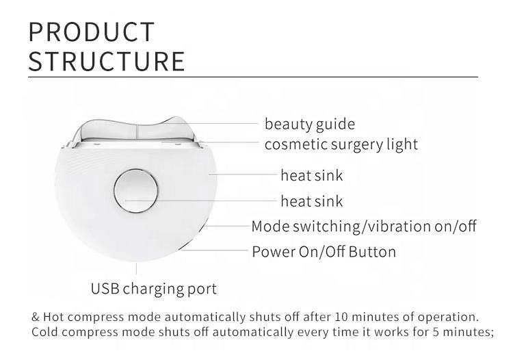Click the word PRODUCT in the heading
(x=91, y=31)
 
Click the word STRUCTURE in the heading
(x=107, y=61)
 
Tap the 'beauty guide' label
(x=309, y=125)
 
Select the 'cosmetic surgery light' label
(x=341, y=144)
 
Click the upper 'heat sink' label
(x=312, y=175)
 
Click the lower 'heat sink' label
(x=312, y=201)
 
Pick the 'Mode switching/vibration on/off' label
(x=364, y=226)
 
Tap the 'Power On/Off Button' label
(x=324, y=252)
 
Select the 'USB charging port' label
(x=154, y=289)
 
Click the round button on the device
(x=136, y=191)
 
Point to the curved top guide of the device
(x=137, y=127)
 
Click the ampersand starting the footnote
(x=36, y=317)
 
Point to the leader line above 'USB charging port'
(x=136, y=268)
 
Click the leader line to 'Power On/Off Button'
(x=214, y=250)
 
